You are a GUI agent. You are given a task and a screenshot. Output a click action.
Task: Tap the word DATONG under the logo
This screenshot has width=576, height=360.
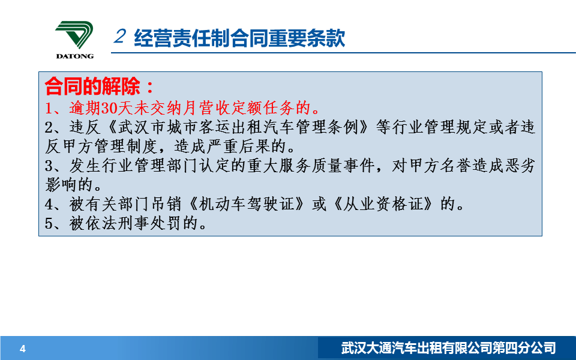pos(75,56)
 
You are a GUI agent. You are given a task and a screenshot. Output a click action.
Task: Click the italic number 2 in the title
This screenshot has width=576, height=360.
pos(120,37)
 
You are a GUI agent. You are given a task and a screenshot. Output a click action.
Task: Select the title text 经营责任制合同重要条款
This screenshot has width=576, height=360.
pos(239,38)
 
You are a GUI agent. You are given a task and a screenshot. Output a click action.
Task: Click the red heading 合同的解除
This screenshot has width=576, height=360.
pos(92,86)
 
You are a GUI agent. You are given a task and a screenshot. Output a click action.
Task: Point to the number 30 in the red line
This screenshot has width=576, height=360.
pos(109,109)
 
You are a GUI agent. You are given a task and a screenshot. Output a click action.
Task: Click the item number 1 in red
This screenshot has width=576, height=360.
pos(49,109)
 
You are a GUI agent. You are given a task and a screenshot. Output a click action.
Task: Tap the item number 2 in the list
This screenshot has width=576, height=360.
pos(49,127)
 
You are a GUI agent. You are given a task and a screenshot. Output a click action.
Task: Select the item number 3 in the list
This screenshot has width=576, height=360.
pos(49,166)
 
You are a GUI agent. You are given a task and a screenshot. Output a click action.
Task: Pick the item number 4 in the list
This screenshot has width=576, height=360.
pos(49,204)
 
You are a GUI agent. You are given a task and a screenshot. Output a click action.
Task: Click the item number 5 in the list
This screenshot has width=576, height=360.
pos(49,223)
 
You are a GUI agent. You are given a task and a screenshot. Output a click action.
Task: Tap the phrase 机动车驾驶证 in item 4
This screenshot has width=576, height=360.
pos(247,204)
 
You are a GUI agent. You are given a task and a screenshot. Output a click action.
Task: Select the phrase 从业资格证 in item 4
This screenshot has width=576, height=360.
pos(383,204)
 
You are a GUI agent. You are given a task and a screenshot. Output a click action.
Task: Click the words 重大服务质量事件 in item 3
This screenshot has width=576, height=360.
pos(311,166)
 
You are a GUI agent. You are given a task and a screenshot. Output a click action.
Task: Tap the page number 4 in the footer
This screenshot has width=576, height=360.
pos(23,349)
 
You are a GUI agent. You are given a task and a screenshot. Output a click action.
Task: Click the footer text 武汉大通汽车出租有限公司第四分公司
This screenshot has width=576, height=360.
pos(448,348)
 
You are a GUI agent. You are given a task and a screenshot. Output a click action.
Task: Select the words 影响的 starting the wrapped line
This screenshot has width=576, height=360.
pos(68,185)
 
